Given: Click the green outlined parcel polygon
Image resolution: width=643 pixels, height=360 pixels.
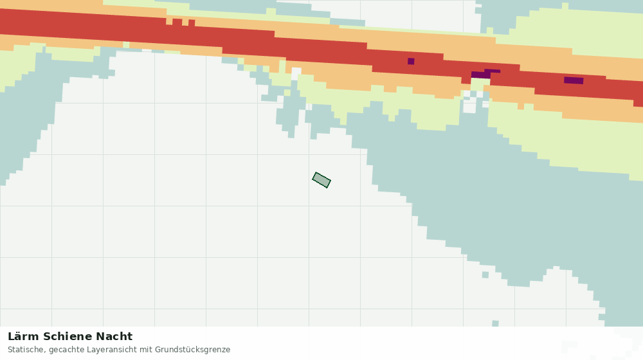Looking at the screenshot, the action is click(x=321, y=180).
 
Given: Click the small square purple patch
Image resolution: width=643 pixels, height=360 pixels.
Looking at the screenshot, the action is click(x=411, y=62).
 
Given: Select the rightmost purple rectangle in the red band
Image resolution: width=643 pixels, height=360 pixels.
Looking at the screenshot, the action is click(x=574, y=80).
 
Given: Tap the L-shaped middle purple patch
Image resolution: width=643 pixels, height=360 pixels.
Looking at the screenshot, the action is click(x=485, y=74).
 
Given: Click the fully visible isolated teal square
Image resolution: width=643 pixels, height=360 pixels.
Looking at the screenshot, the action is click(x=485, y=274).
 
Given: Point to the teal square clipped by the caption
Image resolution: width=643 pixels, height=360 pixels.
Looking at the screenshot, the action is click(x=495, y=323).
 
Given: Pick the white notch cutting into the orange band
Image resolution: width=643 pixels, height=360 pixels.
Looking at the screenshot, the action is click(x=296, y=74).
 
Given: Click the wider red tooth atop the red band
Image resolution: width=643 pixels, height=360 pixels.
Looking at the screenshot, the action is click(x=177, y=22).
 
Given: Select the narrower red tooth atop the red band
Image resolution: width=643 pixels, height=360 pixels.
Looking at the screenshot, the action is click(x=192, y=22).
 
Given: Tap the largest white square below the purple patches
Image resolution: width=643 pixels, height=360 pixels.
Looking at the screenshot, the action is click(x=469, y=107).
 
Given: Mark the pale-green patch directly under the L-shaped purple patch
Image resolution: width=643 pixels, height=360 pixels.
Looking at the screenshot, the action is click(x=480, y=84).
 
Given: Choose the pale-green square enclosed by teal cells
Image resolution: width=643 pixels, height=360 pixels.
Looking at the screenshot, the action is click(x=287, y=93).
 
